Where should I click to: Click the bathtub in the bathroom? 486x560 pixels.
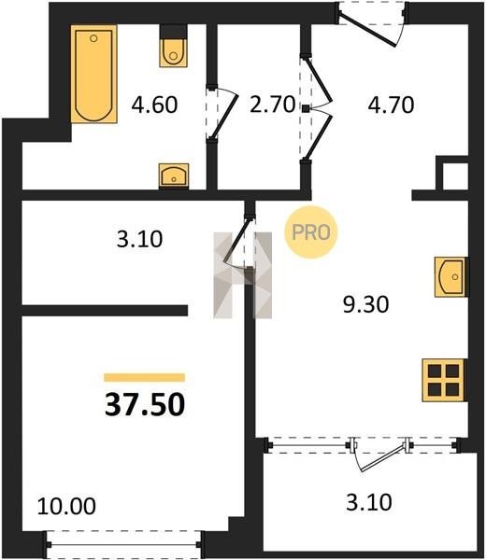[93, 75]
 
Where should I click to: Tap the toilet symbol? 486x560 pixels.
[174, 46]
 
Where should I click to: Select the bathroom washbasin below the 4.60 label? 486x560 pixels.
[174, 175]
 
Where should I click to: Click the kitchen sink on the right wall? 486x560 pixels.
[451, 276]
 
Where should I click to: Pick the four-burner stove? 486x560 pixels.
[444, 380]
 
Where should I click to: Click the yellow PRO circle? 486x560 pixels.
[311, 232]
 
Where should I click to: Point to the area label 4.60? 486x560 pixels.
[154, 105]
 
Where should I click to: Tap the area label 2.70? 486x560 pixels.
[273, 105]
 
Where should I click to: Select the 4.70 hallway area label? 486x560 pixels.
[391, 105]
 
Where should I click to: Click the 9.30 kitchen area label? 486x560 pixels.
[365, 305]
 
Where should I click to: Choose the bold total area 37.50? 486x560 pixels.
[145, 405]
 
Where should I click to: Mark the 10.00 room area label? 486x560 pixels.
[66, 506]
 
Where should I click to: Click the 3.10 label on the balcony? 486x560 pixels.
[369, 502]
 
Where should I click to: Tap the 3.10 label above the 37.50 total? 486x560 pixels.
[139, 239]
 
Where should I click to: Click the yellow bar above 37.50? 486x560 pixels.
[145, 377]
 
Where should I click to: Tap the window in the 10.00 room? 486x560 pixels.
[123, 545]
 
